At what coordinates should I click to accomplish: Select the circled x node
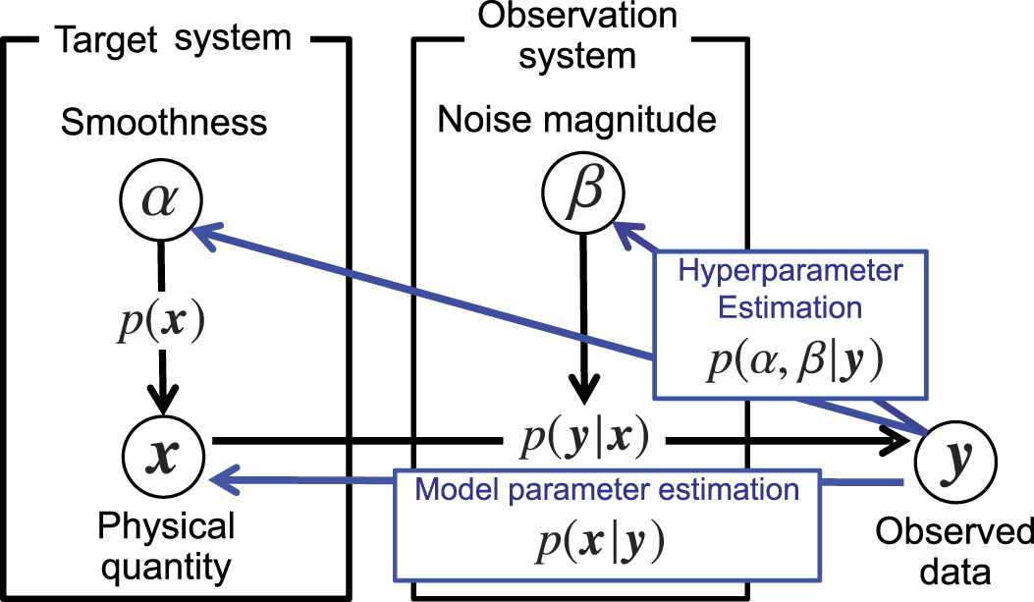pos(162,457)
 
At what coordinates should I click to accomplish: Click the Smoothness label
pos(163,123)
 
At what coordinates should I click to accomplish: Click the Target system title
pos(173,38)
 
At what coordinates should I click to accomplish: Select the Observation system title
pos(577,35)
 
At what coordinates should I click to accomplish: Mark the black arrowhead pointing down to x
pos(162,403)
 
